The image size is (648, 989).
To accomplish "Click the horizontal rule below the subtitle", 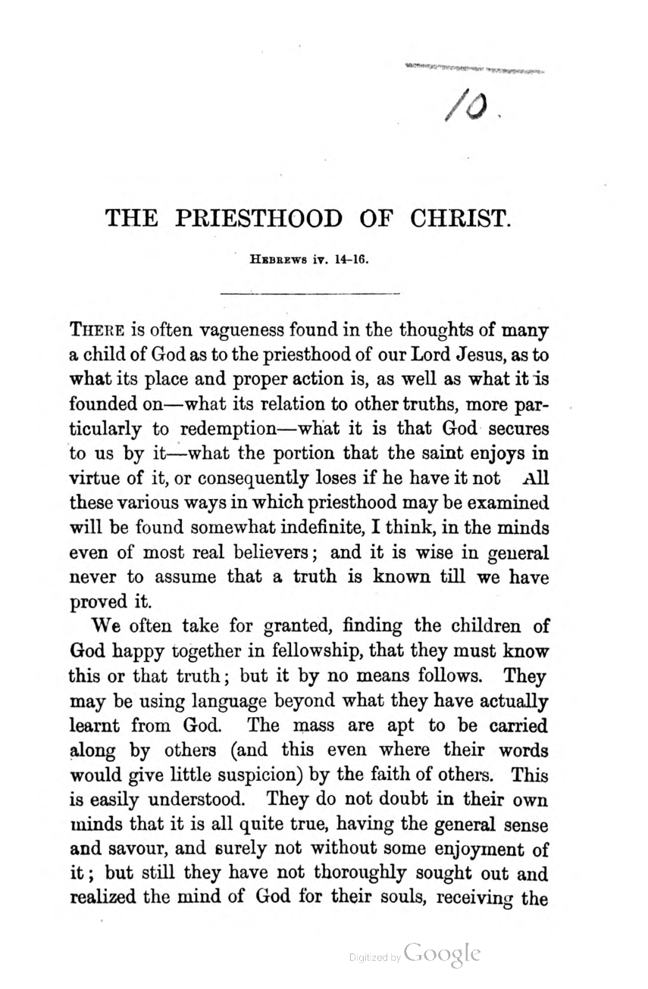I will coord(308,292).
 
